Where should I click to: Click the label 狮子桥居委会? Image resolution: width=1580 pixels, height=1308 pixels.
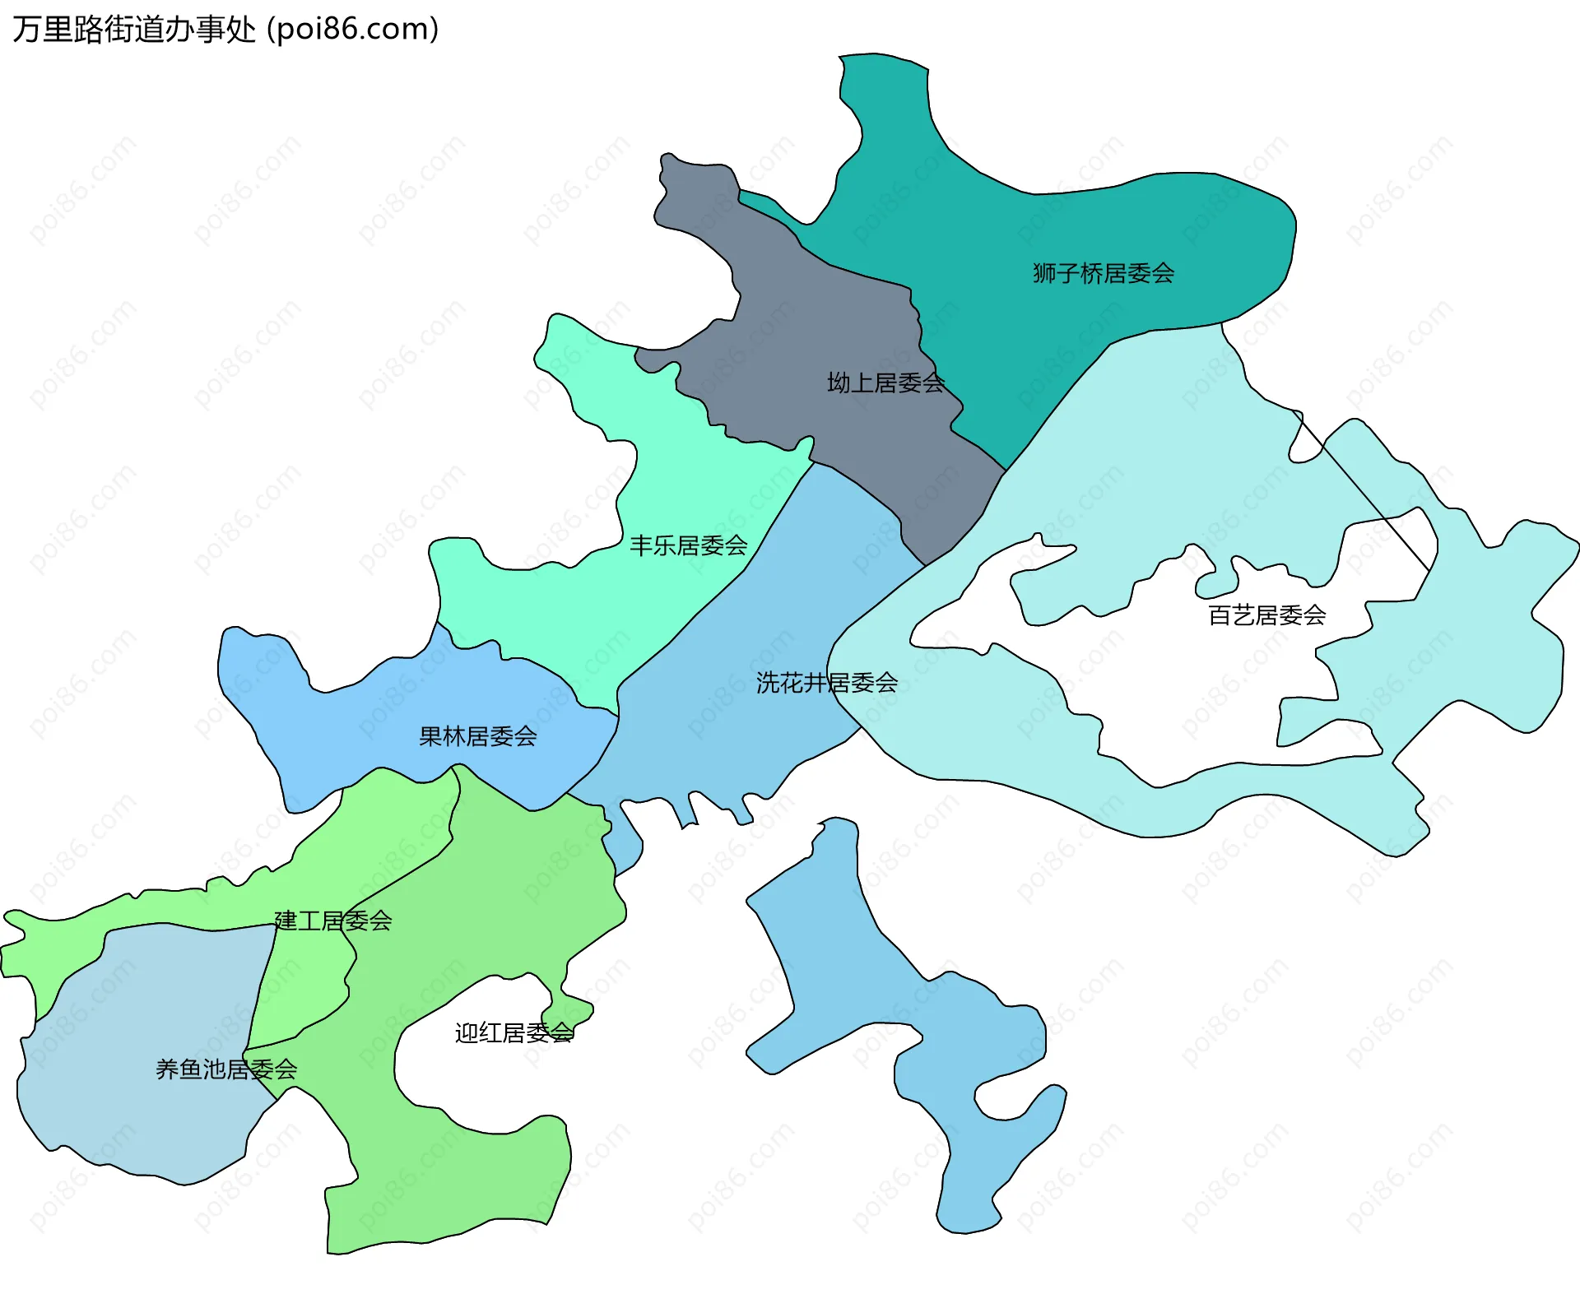point(1103,273)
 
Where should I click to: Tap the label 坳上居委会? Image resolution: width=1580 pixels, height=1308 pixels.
point(885,383)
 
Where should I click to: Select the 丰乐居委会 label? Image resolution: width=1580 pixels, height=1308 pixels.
point(688,545)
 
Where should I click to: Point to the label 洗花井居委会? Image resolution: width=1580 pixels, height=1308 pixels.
point(826,683)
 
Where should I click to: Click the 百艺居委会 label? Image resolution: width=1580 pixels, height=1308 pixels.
point(1266,615)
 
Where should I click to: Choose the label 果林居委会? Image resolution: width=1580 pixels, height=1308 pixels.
point(477,736)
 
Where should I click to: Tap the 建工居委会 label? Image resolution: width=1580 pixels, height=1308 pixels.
point(332,921)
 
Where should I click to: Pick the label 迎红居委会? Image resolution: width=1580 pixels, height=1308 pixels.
point(513,1033)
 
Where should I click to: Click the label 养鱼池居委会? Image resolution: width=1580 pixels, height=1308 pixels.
point(226,1069)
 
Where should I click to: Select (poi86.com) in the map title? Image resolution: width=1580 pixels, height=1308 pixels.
point(353,30)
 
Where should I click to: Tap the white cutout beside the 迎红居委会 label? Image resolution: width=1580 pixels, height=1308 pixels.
point(461,1069)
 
